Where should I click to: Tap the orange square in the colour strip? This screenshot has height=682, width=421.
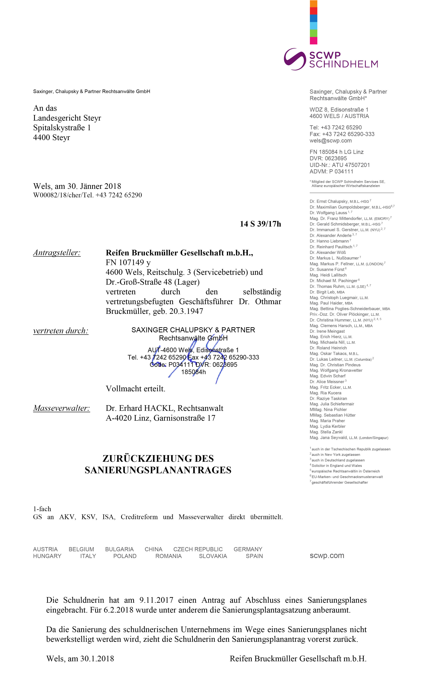[x=314, y=4]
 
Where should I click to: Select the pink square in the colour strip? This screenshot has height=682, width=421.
[x=314, y=41]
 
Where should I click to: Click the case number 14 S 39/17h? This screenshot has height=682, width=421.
[x=260, y=224]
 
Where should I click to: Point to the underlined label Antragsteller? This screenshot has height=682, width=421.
[x=57, y=253]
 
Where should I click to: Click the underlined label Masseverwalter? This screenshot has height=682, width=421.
[x=62, y=408]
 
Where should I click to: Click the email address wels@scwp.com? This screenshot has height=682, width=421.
[x=331, y=141]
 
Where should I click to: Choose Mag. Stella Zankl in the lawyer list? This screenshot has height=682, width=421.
[x=326, y=432]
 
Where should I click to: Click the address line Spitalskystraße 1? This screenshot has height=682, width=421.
[x=62, y=128]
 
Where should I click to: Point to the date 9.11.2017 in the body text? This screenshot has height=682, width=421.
[x=156, y=600]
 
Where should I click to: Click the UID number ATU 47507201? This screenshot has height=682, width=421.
[x=351, y=165]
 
